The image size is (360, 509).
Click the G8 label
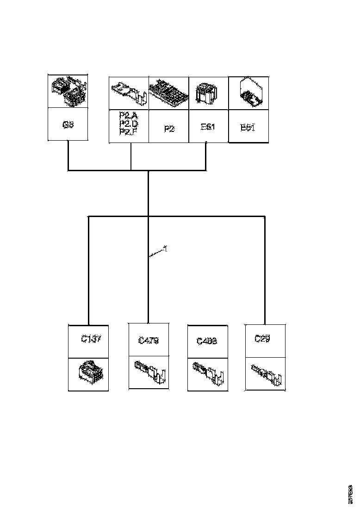[x=68, y=125]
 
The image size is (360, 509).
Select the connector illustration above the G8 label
[x=68, y=91]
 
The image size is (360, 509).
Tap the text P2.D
[x=128, y=124]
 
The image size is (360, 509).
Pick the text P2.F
[x=128, y=132]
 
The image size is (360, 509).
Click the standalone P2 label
[x=169, y=129]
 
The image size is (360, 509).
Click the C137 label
[x=91, y=339]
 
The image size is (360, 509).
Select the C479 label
[x=149, y=341]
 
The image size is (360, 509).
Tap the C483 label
[x=207, y=341]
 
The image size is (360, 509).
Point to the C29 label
[x=262, y=339]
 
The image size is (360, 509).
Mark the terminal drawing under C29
[x=267, y=374]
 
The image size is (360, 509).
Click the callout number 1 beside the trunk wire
[x=166, y=249]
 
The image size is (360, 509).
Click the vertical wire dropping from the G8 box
[x=68, y=155]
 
